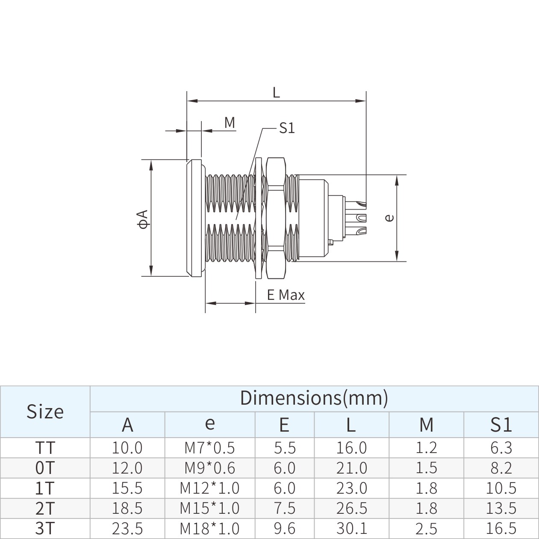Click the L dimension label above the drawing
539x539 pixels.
(276, 92)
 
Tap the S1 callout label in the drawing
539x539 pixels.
(287, 128)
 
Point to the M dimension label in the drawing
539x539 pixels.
(230, 123)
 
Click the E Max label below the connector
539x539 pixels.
(286, 295)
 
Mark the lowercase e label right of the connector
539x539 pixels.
(389, 218)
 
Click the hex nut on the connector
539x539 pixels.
(275, 218)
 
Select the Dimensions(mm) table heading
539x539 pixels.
(314, 398)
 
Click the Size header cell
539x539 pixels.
(45, 412)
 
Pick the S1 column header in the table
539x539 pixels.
(501, 424)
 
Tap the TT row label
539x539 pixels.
(45, 447)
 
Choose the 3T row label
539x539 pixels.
(45, 528)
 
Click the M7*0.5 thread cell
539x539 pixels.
(209, 447)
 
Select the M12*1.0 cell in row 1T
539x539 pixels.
(209, 488)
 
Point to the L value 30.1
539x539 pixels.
(351, 528)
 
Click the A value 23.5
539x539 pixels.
(127, 528)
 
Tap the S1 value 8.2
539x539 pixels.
(501, 468)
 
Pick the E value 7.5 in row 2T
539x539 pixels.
(284, 508)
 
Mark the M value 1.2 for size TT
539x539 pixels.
(426, 447)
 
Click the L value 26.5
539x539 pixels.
(351, 508)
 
